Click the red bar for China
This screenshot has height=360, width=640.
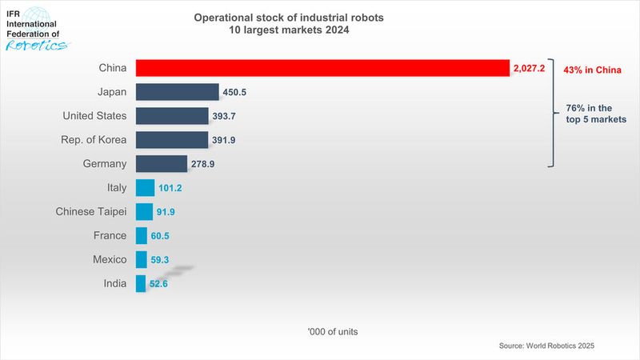[x=322, y=69]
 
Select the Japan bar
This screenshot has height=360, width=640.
[x=177, y=92]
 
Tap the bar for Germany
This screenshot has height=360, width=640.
[x=161, y=164]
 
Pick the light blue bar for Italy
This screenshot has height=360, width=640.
[x=145, y=188]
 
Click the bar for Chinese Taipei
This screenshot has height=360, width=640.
[x=144, y=212]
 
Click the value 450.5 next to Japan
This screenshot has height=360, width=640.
[x=234, y=93]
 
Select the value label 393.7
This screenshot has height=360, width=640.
[x=224, y=117]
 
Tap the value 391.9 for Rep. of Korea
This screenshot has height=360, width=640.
[x=223, y=141]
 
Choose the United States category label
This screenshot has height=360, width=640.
[x=94, y=116]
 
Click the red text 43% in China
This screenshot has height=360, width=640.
[x=588, y=70]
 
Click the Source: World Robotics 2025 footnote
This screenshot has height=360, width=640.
[x=546, y=346]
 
